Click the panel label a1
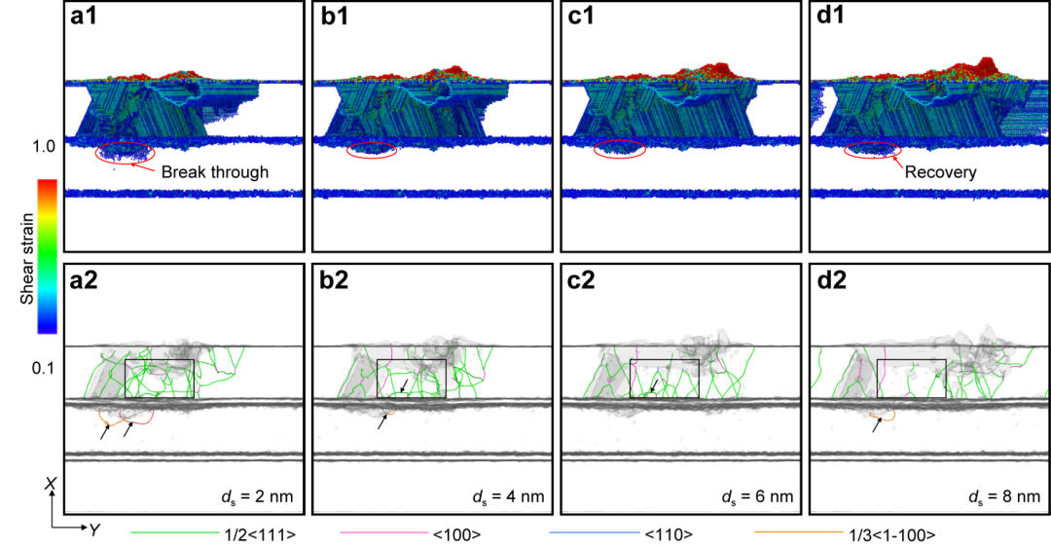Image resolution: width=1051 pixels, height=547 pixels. (x=84, y=16)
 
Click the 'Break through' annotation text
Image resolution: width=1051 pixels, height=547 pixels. (x=214, y=172)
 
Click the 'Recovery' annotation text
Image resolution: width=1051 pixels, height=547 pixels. (x=940, y=172)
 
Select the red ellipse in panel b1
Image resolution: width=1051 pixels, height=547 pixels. (x=372, y=151)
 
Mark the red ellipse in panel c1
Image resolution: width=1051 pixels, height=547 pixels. (x=620, y=150)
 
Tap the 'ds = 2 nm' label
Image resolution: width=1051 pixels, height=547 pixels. (x=258, y=497)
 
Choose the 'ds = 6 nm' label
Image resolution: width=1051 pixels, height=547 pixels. (x=757, y=497)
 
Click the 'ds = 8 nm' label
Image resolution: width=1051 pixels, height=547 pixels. (x=1004, y=497)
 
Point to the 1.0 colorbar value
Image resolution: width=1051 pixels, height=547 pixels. (x=43, y=146)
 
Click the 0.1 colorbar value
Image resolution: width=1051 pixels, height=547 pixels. (x=43, y=368)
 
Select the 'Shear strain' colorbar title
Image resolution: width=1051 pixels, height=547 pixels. (x=27, y=259)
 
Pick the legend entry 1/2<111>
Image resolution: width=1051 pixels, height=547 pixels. (x=260, y=534)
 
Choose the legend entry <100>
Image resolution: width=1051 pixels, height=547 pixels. (x=456, y=534)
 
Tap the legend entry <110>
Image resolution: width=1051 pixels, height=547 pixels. (x=669, y=534)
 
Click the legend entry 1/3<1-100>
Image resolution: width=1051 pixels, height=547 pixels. (x=892, y=534)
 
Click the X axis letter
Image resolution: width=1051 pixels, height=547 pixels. (x=51, y=484)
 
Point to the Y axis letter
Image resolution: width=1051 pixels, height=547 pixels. (x=95, y=530)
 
